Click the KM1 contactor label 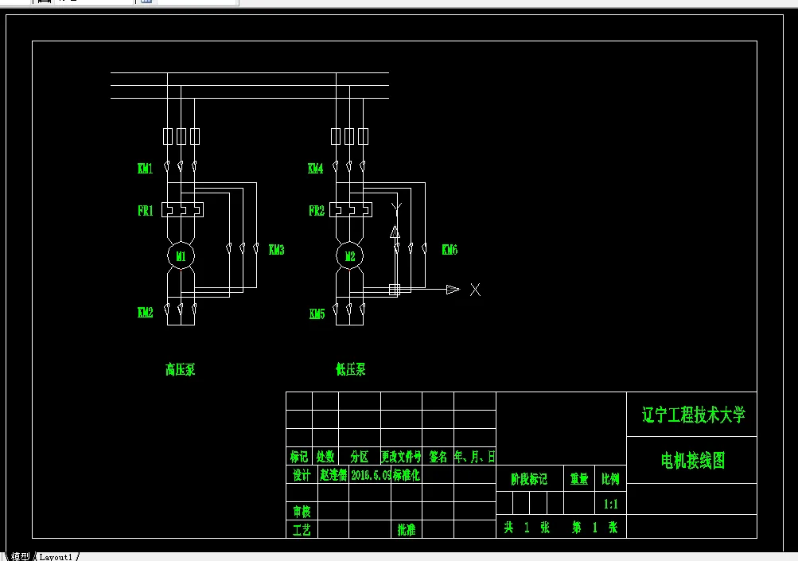(145, 169)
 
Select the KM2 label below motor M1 (145, 313)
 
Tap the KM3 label (277, 250)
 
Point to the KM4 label (316, 169)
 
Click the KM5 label (317, 314)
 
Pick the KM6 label (450, 250)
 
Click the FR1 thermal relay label (145, 211)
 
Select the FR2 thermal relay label (316, 211)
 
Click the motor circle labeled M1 (181, 256)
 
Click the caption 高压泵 (180, 369)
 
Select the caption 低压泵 (351, 369)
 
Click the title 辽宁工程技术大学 (693, 415)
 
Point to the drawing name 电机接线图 (693, 460)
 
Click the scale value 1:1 (611, 504)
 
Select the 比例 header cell (611, 479)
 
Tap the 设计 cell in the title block (300, 475)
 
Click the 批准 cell (407, 530)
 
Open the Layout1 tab (56, 556)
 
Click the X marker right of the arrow (475, 290)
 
